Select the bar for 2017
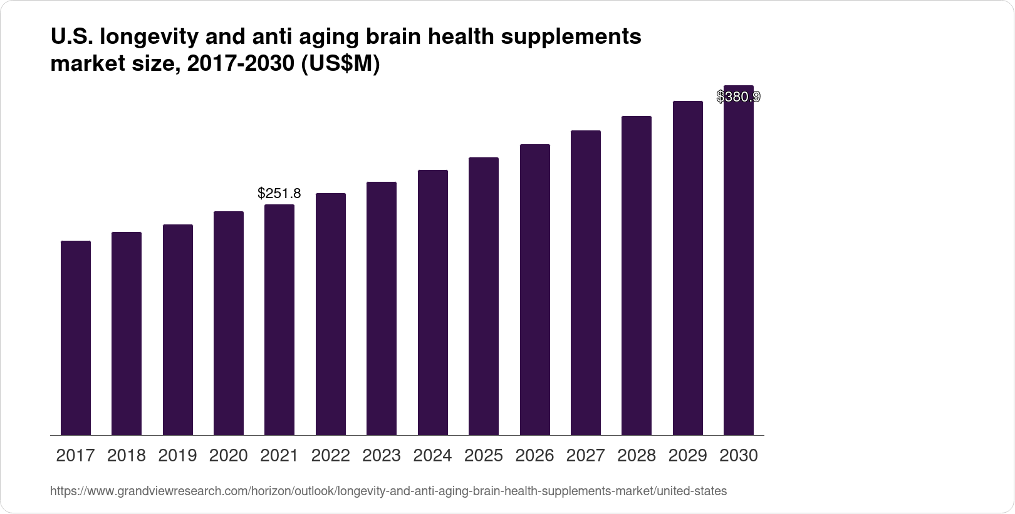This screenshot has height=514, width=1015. (76, 338)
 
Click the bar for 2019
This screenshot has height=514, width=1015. (178, 330)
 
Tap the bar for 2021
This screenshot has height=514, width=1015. (279, 320)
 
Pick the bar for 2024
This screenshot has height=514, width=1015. (433, 302)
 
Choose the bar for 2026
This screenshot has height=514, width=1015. (535, 290)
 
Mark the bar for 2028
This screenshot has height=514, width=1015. (637, 275)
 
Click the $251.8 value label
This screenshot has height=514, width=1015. (279, 194)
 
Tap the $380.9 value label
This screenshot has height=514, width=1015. (739, 97)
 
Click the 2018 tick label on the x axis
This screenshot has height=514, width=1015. (127, 456)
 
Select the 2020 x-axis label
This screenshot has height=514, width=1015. (229, 456)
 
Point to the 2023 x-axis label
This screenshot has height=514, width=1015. (382, 456)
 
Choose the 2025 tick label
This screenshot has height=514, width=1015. (484, 456)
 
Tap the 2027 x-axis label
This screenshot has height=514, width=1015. (586, 456)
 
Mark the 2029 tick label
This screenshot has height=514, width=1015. (688, 456)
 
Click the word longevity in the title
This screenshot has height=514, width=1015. (148, 38)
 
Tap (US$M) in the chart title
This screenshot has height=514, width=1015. (341, 65)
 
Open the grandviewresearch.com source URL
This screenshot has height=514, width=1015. (388, 491)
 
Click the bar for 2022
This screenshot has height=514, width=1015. (331, 314)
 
